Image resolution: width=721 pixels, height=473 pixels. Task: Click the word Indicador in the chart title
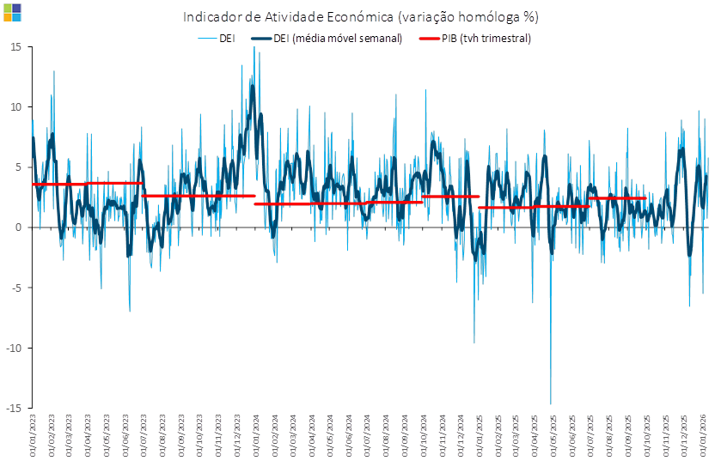(209, 17)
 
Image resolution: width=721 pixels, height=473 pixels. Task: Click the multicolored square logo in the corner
(13, 12)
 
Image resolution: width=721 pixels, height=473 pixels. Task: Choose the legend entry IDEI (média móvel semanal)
(327, 39)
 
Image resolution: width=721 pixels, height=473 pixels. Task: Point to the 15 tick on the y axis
(15, 46)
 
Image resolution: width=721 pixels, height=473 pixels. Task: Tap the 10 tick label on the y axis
(15, 106)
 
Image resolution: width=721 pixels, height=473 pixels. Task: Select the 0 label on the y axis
(18, 227)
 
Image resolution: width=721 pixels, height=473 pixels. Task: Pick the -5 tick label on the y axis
(16, 288)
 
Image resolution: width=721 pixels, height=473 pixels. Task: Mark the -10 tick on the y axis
(15, 348)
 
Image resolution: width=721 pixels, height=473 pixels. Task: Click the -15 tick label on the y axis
(15, 408)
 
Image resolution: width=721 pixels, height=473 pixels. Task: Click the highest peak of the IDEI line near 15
(254, 49)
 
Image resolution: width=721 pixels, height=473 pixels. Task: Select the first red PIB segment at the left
(58, 184)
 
